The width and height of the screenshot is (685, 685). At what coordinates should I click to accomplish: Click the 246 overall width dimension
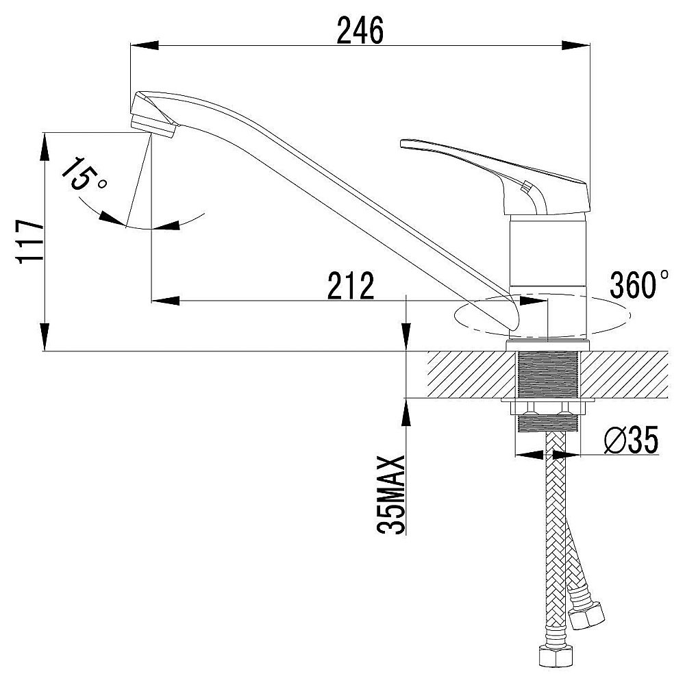(360, 30)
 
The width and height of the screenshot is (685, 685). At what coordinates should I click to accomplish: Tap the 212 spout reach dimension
(351, 286)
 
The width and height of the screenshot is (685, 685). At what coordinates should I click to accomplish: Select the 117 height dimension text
(30, 241)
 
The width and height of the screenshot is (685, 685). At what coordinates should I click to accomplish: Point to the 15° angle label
(84, 174)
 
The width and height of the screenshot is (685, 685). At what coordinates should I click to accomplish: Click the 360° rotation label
(638, 284)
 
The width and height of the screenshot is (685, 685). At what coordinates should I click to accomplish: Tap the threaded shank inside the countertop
(548, 375)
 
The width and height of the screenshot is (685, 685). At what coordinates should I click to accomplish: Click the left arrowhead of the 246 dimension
(145, 45)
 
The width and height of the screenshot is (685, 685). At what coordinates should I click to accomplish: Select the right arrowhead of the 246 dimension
(576, 45)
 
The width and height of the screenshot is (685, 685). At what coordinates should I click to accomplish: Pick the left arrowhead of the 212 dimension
(165, 301)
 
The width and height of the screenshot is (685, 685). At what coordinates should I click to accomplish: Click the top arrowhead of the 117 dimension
(45, 147)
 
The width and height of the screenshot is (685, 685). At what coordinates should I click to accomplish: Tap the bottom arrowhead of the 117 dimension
(45, 337)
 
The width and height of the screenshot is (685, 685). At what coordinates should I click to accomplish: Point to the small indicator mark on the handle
(526, 186)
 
